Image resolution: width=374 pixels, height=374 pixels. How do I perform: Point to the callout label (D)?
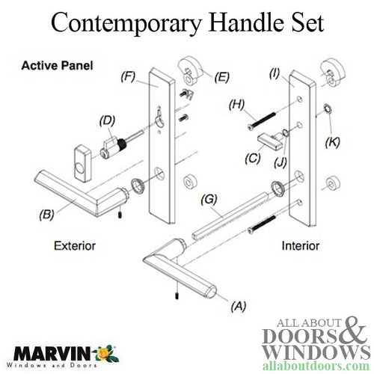[x=107, y=119]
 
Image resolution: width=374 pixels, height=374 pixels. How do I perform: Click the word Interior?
[x=301, y=244]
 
